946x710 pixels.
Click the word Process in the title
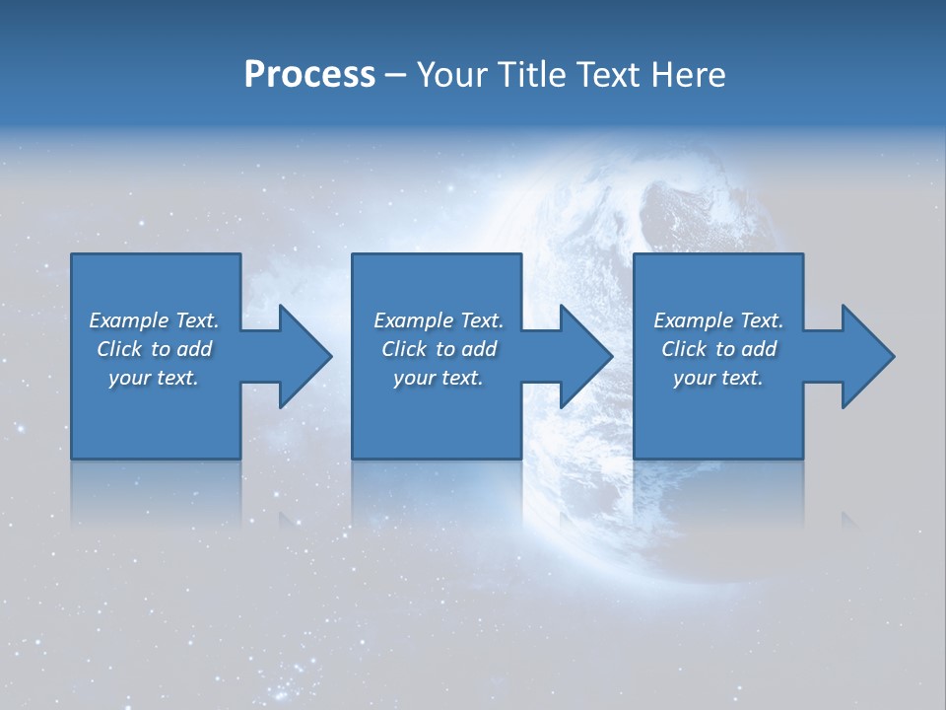(309, 75)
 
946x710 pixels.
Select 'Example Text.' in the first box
(154, 320)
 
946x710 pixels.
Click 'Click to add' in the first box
(154, 349)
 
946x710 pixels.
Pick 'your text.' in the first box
(154, 378)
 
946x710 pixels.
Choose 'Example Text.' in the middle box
(438, 320)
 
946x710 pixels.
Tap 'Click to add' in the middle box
(438, 349)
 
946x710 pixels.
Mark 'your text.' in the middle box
(438, 378)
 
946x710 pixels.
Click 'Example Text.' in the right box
(718, 320)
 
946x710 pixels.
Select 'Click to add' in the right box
(718, 349)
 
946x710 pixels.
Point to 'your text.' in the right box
(718, 378)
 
